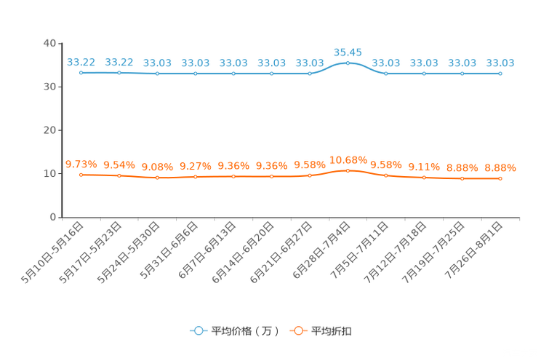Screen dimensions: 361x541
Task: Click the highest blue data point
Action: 348,63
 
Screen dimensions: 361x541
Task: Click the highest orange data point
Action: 348,170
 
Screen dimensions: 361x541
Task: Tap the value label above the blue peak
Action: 348,52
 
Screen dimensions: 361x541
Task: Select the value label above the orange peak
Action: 348,159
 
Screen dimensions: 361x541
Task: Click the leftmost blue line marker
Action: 81,72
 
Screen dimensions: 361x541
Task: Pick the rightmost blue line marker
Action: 500,73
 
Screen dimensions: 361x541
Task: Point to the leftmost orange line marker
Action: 81,175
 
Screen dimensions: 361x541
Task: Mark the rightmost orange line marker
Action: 500,178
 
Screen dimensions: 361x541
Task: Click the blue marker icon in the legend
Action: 199,330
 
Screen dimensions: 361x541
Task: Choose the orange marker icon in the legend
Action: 298,330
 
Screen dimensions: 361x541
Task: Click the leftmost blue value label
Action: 81,62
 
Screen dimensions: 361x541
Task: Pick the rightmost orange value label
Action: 500,167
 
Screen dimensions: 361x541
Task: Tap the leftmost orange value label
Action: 81,164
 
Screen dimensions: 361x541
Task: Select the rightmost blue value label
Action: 500,63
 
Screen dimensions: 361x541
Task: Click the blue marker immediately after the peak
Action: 386,73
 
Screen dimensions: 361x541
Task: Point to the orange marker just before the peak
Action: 310,175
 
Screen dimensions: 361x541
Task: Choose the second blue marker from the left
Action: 119,72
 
